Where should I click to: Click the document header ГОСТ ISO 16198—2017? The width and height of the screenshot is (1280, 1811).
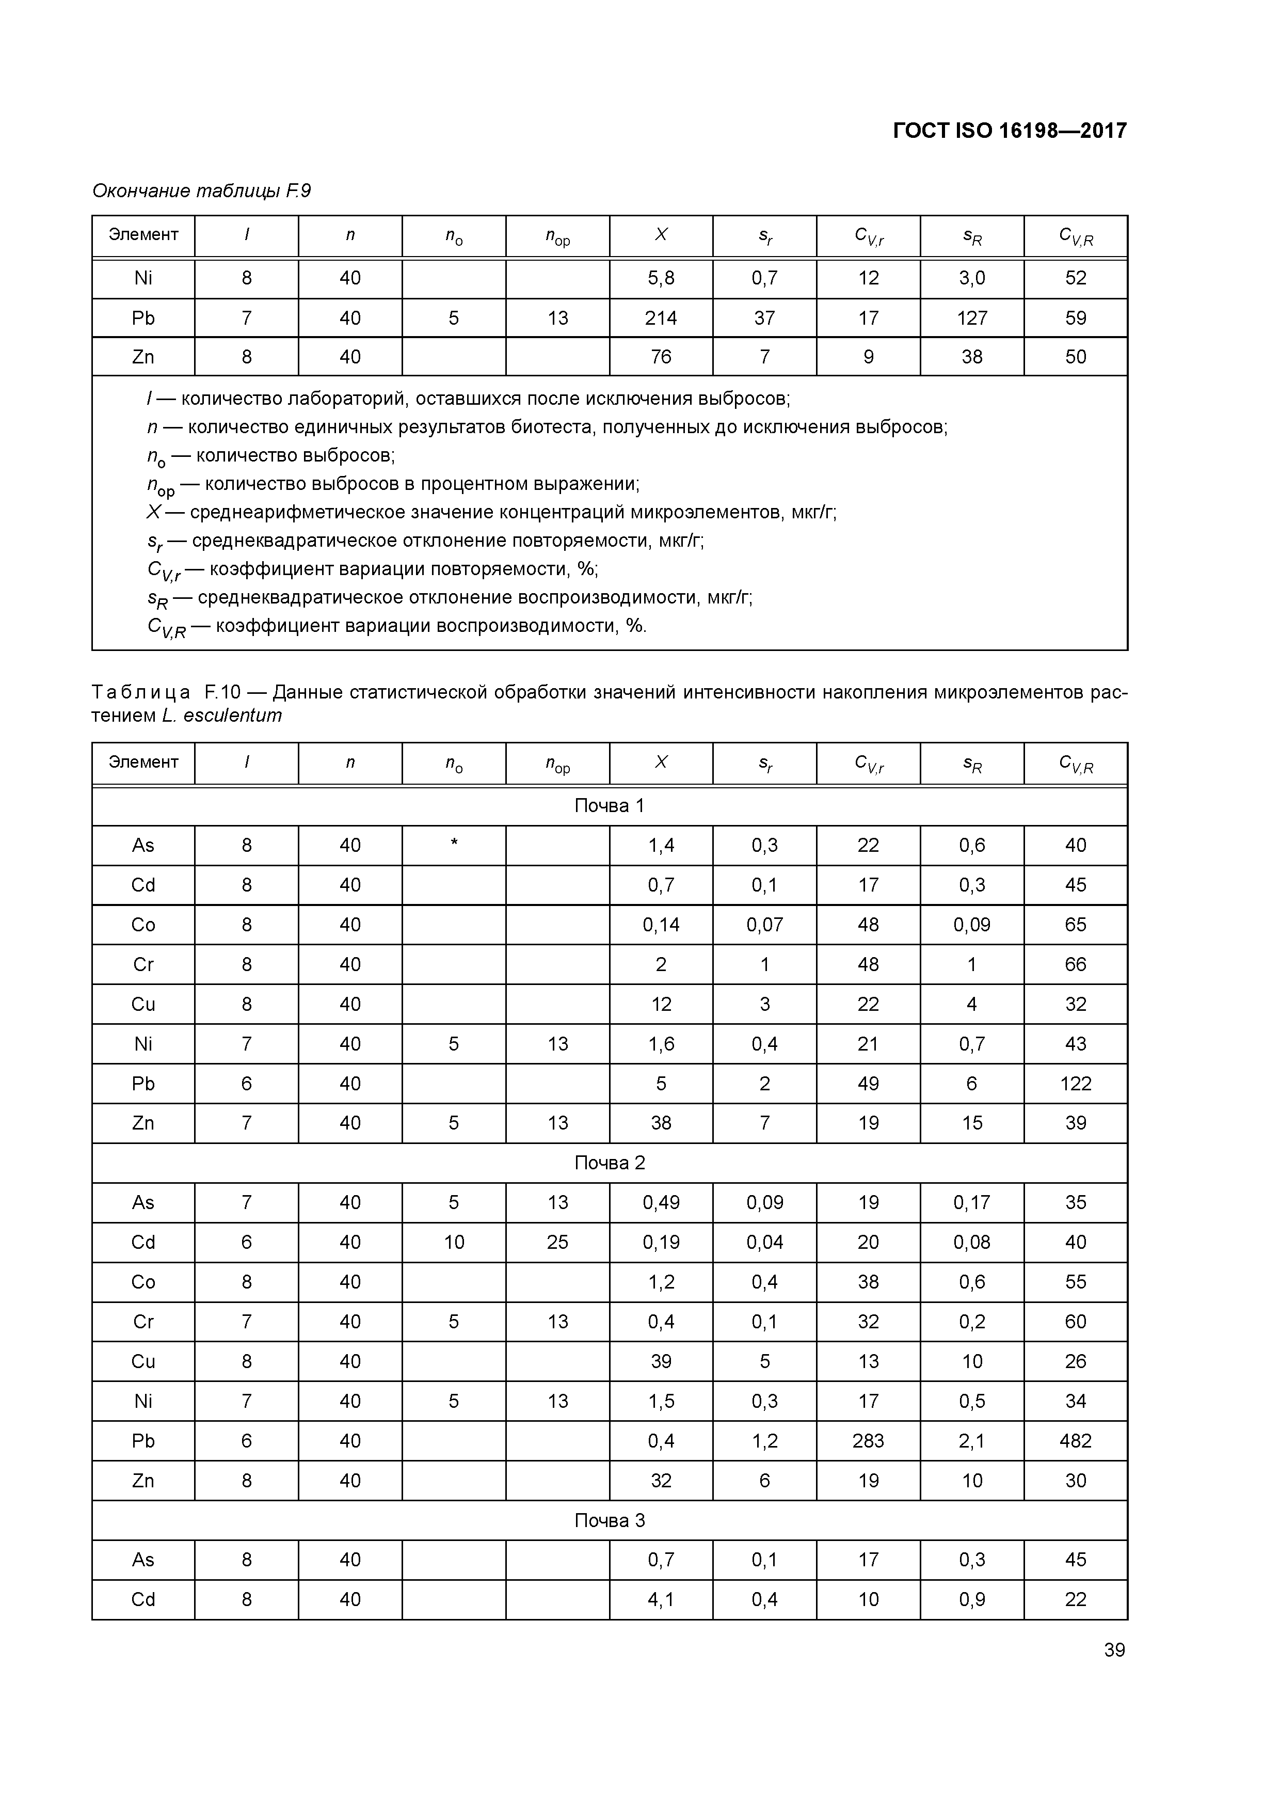click(x=1010, y=131)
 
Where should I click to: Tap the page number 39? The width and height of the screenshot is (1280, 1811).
click(x=1114, y=1650)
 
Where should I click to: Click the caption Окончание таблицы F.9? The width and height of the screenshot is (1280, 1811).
click(x=202, y=191)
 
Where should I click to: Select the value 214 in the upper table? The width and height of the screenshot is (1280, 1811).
click(x=661, y=318)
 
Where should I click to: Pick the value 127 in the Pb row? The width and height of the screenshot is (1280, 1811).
click(x=972, y=318)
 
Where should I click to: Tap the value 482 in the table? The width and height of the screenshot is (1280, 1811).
click(x=1076, y=1441)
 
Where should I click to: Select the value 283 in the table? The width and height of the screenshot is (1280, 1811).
click(x=868, y=1441)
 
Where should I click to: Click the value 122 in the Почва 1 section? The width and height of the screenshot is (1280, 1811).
click(x=1076, y=1084)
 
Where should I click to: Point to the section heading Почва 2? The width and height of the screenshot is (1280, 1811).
click(x=610, y=1163)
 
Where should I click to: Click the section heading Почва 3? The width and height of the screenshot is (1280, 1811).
click(x=610, y=1520)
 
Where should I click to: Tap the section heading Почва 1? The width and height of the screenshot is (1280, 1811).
click(x=610, y=805)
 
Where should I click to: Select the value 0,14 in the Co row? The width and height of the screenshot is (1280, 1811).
click(x=661, y=925)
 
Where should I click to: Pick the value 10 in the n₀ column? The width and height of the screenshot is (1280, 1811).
click(x=454, y=1242)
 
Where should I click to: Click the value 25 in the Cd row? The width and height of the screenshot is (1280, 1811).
click(x=557, y=1242)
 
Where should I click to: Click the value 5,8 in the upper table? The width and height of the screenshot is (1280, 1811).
click(x=661, y=278)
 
